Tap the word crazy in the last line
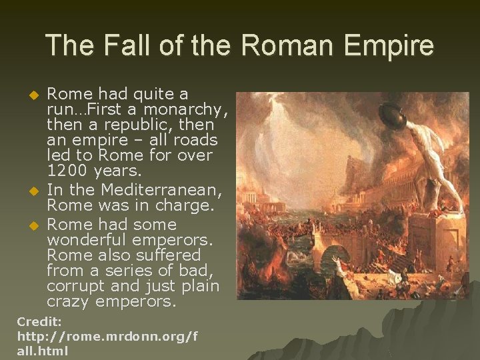coord(68,301)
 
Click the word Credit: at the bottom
coord(39,321)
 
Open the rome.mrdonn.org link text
coord(107,336)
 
